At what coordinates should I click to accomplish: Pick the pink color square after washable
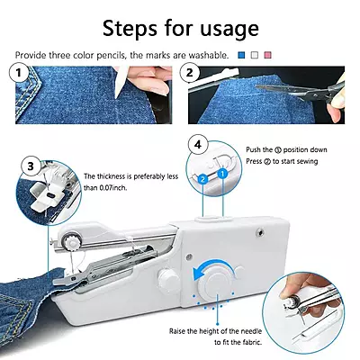pos(266,56)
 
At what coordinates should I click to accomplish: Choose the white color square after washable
pos(254,56)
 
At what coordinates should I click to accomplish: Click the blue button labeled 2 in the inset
pos(204,179)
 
